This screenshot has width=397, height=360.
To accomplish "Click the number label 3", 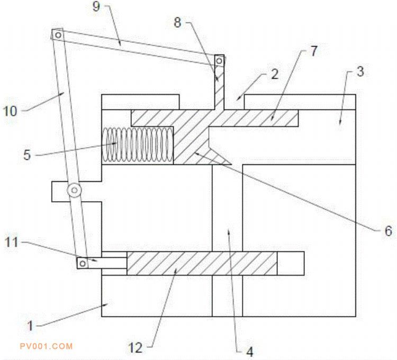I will pyautogui.click(x=359, y=73).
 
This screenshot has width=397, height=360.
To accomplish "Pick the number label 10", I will pyautogui.click(x=11, y=111).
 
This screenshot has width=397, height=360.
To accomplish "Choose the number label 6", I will pyautogui.click(x=387, y=231).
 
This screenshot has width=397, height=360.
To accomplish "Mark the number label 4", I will pyautogui.click(x=249, y=350).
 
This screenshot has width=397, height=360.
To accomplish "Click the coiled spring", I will pyautogui.click(x=139, y=145).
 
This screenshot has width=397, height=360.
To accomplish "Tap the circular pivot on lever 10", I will pyautogui.click(x=75, y=190).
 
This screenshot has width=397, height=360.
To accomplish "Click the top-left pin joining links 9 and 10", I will pyautogui.click(x=57, y=35).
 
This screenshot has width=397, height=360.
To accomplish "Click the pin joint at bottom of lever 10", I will pyautogui.click(x=83, y=262).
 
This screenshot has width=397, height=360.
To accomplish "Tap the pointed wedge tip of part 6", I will pyautogui.click(x=232, y=161).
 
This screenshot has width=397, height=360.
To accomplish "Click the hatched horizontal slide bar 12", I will pyautogui.click(x=201, y=263).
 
